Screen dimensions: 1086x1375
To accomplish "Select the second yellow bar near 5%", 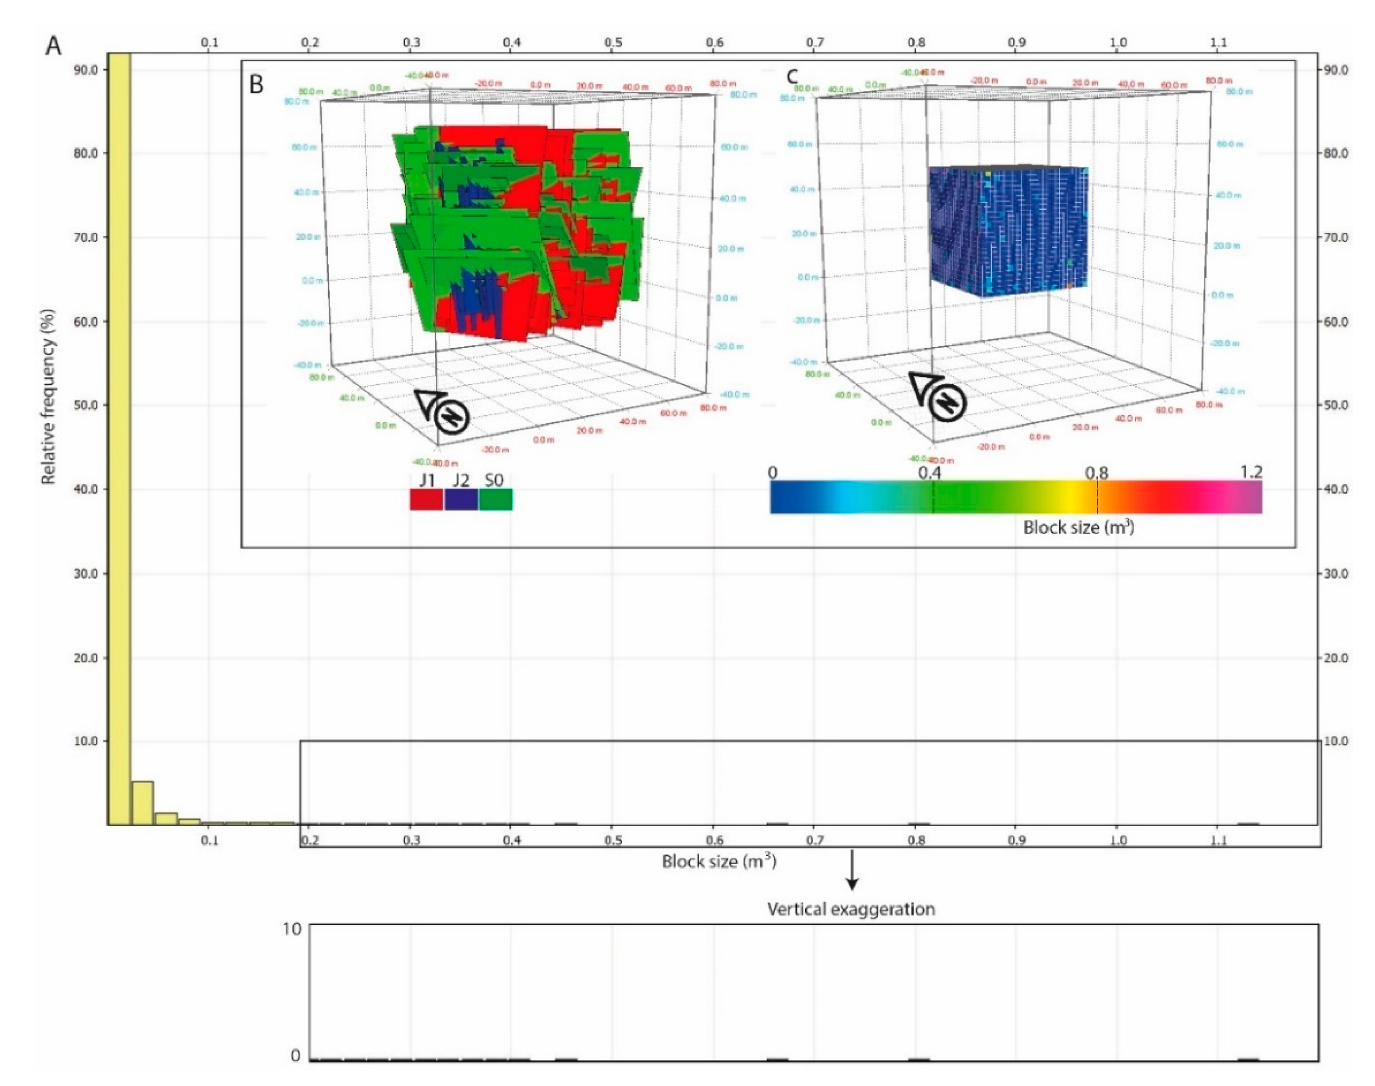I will pyautogui.click(x=142, y=802).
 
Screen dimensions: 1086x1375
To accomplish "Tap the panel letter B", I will pyautogui.click(x=256, y=84).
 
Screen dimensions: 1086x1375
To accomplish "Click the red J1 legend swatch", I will pyautogui.click(x=426, y=499).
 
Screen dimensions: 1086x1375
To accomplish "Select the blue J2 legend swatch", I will pyautogui.click(x=461, y=499).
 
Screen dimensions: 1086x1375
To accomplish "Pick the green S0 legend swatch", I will pyautogui.click(x=495, y=499).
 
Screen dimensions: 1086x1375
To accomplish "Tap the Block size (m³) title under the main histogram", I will pyautogui.click(x=719, y=862).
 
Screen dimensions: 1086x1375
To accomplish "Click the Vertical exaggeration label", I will pyautogui.click(x=850, y=909).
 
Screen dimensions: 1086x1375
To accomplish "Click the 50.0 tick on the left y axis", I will pyautogui.click(x=86, y=405).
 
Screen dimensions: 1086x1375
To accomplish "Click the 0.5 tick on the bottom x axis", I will pyautogui.click(x=613, y=841).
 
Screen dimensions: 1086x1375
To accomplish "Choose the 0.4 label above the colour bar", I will pyautogui.click(x=929, y=473).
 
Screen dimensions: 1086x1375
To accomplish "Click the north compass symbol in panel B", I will pyautogui.click(x=452, y=417).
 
